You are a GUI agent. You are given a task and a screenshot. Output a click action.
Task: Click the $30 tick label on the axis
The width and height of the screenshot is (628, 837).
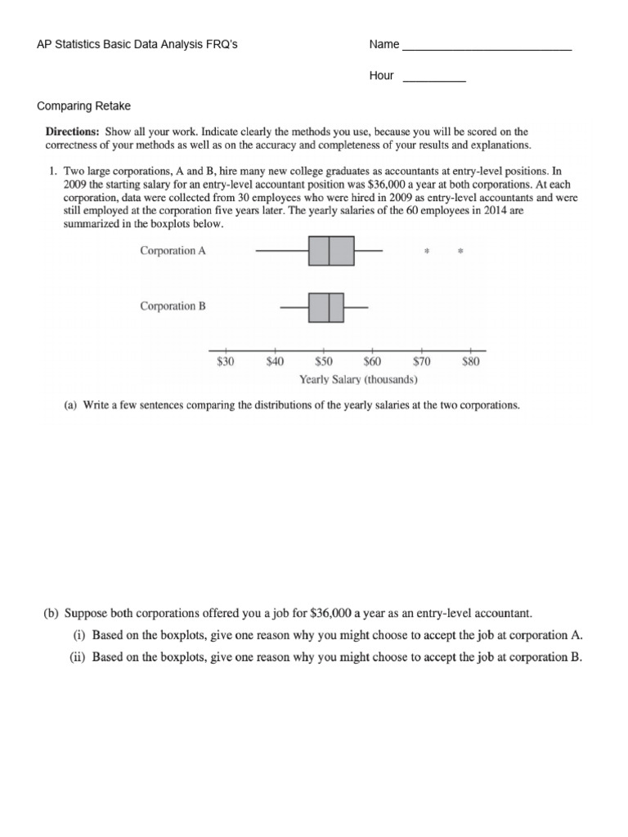pyautogui.click(x=225, y=362)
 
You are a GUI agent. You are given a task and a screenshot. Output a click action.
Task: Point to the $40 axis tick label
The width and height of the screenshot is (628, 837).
pyautogui.click(x=275, y=362)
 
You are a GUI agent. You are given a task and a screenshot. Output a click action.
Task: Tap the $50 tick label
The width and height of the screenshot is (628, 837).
pyautogui.click(x=324, y=362)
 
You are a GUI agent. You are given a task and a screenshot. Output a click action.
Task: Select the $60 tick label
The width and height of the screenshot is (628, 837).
pyautogui.click(x=373, y=362)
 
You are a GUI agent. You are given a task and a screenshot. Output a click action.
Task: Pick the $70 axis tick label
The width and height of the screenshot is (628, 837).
pyautogui.click(x=422, y=362)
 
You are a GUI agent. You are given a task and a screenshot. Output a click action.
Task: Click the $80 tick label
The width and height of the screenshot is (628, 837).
pyautogui.click(x=471, y=362)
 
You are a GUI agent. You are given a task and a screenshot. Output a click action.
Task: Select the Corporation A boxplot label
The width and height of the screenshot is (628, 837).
pyautogui.click(x=173, y=251)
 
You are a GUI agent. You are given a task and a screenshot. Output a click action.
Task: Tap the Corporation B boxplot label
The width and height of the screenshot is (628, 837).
pyautogui.click(x=173, y=307)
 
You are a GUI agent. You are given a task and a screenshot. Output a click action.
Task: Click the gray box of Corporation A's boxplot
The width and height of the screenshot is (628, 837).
pyautogui.click(x=331, y=251)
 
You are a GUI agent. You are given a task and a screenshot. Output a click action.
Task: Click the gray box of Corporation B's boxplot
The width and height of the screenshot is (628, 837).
pyautogui.click(x=326, y=307)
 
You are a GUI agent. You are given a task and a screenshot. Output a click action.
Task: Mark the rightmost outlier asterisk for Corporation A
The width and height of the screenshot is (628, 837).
pyautogui.click(x=460, y=252)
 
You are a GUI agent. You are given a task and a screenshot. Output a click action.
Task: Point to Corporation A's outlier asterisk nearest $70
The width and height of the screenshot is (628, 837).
pyautogui.click(x=426, y=252)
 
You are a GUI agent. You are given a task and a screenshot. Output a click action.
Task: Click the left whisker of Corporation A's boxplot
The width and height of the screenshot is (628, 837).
pyautogui.click(x=282, y=251)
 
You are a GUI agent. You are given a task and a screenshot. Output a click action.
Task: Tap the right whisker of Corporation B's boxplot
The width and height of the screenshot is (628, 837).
pyautogui.click(x=357, y=307)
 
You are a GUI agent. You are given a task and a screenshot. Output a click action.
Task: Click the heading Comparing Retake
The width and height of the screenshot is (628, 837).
pyautogui.click(x=84, y=106)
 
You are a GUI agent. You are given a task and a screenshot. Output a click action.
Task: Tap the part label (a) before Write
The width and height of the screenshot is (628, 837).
pyautogui.click(x=71, y=405)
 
